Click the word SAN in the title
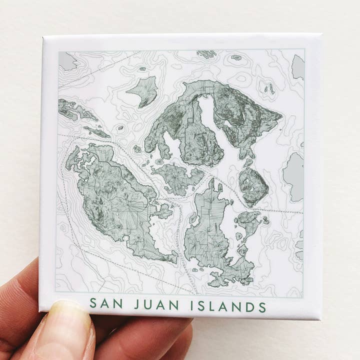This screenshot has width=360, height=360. [106, 304]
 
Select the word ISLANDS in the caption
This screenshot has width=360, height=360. [228, 304]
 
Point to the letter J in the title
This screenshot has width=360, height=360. [136, 304]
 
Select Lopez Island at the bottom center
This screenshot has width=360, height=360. [207, 235]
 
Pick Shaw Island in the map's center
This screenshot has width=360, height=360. [177, 177]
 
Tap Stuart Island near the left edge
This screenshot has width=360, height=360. [75, 109]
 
